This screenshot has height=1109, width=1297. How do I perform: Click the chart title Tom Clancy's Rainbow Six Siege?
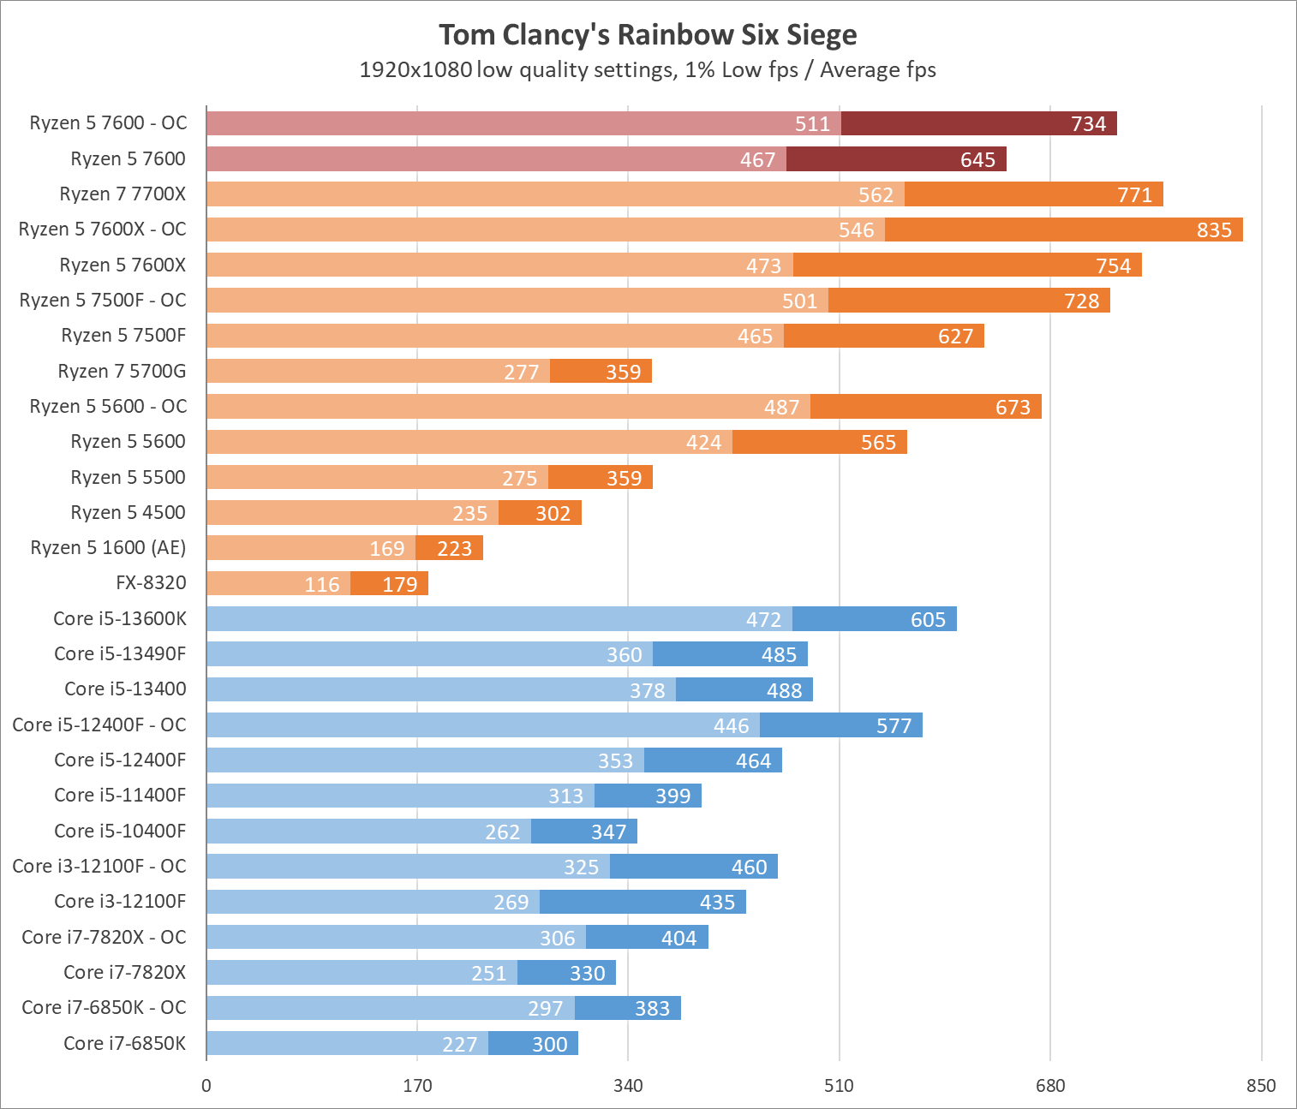pos(648,35)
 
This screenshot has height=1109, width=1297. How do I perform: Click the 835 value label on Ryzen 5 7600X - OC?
pos(1214,230)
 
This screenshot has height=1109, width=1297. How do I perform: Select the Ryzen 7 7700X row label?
pos(123,194)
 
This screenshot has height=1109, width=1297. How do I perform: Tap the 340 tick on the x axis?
pos(628,1086)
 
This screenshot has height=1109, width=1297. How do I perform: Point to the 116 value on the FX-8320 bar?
pos(322,584)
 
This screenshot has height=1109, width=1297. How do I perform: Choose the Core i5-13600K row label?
pos(120,618)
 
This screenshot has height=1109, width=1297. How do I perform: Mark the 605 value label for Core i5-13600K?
pos(928,619)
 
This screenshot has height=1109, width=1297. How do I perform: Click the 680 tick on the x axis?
pos(1050,1086)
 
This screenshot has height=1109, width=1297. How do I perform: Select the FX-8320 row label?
pos(151,583)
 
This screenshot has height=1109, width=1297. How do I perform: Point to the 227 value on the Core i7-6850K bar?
pos(459,1044)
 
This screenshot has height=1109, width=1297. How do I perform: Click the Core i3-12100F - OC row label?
pos(99,866)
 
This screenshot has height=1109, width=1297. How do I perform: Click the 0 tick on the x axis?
pos(206,1086)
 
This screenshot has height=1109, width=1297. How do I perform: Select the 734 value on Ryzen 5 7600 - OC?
pos(1088,124)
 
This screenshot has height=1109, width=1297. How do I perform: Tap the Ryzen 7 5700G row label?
pos(122,371)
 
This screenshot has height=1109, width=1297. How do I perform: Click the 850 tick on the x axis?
pos(1261,1086)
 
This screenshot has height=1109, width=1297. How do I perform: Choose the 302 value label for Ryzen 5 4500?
pos(553,513)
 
